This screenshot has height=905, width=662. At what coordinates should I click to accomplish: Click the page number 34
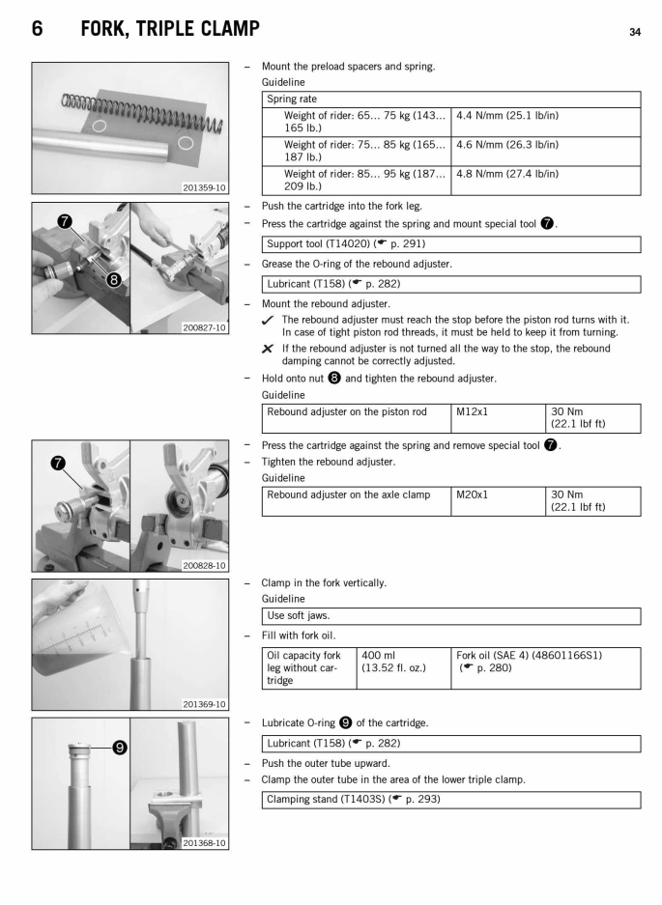(635, 32)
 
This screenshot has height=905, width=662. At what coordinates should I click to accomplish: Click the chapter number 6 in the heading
(37, 29)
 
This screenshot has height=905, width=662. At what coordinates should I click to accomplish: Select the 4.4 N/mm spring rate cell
(507, 116)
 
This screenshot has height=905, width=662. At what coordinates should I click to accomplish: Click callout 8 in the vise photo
(114, 281)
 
